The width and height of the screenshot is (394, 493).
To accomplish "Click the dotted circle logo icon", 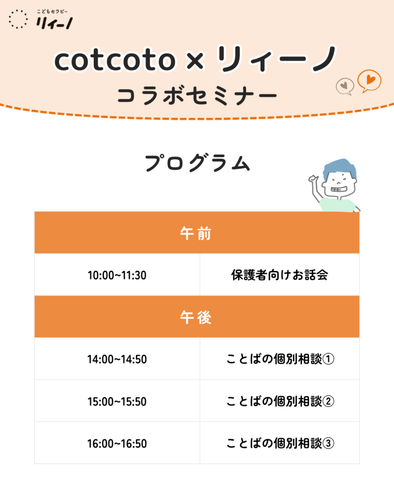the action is (18, 19).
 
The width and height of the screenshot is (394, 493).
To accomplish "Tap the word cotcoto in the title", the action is (114, 60).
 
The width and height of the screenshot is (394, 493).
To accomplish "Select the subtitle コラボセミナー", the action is (197, 96).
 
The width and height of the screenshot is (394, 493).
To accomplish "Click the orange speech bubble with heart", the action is (369, 81).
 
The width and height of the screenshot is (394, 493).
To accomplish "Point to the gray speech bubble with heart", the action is (345, 86).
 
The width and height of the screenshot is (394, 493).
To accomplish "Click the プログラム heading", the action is (197, 163).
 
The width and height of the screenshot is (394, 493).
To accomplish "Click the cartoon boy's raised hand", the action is (313, 179).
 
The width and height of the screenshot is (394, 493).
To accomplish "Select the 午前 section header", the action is (197, 233).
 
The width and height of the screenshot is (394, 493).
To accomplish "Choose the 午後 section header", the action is (197, 317).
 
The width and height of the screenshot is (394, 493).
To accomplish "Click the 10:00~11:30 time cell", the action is (117, 275).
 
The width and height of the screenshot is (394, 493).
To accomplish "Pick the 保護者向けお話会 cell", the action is (280, 275).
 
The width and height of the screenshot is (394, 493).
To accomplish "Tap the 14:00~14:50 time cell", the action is (117, 359).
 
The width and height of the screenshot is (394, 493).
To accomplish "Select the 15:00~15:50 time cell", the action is (117, 401).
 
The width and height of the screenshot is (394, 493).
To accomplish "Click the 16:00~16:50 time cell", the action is (117, 443).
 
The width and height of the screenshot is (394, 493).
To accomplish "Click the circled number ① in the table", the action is (328, 359).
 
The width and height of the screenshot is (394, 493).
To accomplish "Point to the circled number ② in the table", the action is (328, 401).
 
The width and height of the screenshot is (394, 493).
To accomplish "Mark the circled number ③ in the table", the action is (328, 443).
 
